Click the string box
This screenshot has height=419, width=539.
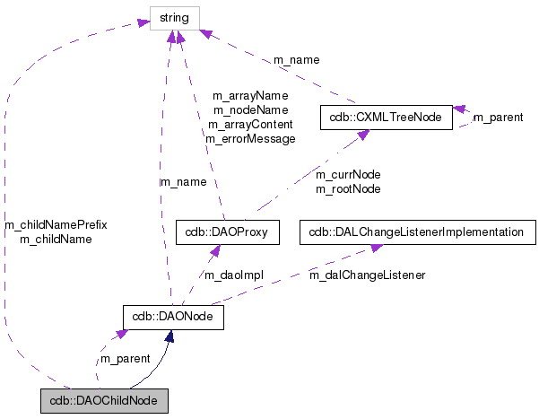tap(175, 16)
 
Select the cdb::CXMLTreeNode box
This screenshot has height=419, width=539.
tap(385, 118)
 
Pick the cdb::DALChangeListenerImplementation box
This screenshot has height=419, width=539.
tap(415, 232)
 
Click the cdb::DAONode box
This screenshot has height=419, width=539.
tap(172, 316)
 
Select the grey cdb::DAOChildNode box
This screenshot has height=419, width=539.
tap(104, 399)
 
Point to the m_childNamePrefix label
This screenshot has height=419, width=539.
tap(56, 224)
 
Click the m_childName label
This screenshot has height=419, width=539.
tap(56, 239)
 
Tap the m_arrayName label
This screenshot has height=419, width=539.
tap(250, 96)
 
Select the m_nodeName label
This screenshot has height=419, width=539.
tap(250, 110)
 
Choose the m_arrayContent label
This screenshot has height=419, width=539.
tap(250, 125)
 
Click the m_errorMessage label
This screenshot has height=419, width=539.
tap(250, 139)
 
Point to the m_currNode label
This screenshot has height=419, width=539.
tap(348, 174)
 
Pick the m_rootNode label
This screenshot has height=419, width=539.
tap(348, 188)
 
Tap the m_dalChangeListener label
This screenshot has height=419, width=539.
tap(367, 275)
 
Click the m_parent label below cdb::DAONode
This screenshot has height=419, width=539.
tap(125, 359)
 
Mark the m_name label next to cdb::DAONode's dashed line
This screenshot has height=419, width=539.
tap(183, 182)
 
